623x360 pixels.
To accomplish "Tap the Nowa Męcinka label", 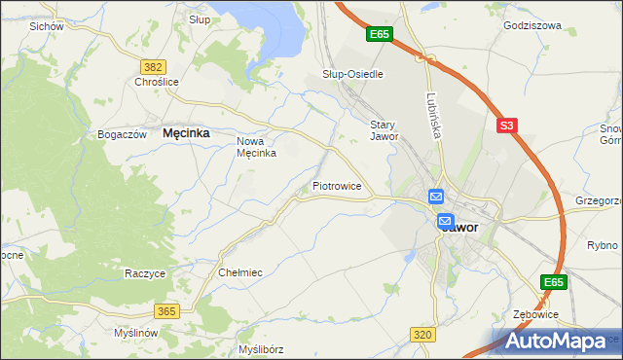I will click(258, 146).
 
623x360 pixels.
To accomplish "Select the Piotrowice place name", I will click(337, 185).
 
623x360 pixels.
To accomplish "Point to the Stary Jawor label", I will click(385, 130).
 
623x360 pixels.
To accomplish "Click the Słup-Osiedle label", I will click(352, 74).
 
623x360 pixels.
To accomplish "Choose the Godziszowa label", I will click(532, 26).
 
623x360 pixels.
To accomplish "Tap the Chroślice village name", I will click(157, 83).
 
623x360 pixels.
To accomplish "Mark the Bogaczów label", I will click(122, 134).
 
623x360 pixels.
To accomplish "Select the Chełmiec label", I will click(241, 273).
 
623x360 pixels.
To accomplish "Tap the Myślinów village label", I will click(135, 333).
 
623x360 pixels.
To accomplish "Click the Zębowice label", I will click(537, 315).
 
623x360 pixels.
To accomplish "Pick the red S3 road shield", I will click(506, 126).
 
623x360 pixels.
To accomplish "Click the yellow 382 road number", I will click(152, 66).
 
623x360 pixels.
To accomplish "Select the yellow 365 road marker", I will click(165, 310).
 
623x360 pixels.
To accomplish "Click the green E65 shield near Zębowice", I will click(554, 282).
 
